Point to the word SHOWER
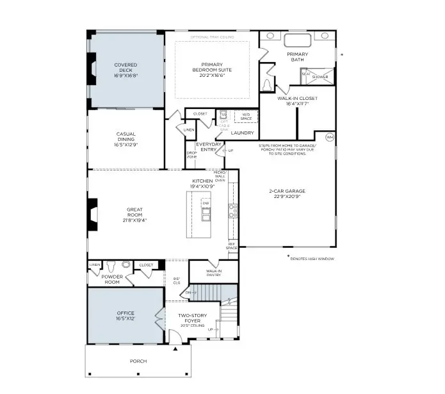pos(320,77)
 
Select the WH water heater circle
pos(330,137)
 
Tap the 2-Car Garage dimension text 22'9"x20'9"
pos(286,197)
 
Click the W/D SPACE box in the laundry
pos(246,116)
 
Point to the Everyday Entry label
pos(209,147)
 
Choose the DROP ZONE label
pos(191,155)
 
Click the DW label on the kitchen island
pos(206,202)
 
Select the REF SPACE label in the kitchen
pos(232,246)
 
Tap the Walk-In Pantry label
pos(213,274)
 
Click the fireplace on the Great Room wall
pos(93,214)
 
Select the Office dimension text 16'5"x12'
pos(125,319)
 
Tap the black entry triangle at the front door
pos(175,349)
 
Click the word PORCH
pos(138,361)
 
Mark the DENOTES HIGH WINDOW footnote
pos(312,258)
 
